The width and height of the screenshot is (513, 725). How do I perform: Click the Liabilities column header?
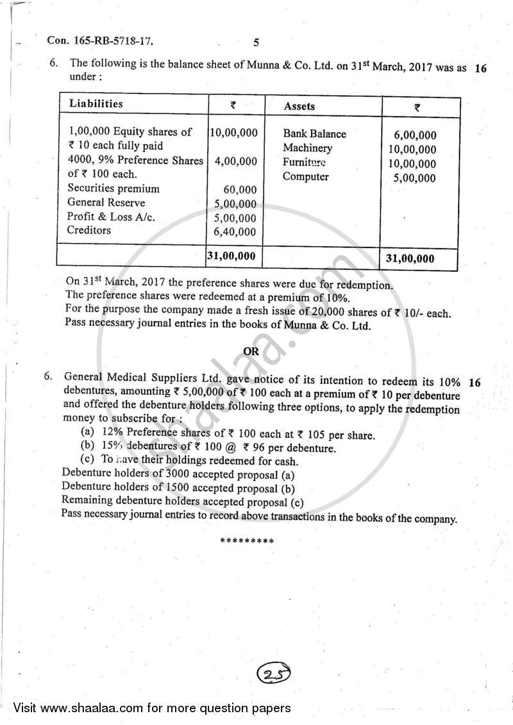click(96, 104)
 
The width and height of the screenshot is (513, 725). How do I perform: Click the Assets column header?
click(299, 106)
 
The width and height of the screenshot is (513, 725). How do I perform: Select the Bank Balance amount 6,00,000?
click(415, 135)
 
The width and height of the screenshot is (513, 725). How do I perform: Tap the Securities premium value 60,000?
click(240, 190)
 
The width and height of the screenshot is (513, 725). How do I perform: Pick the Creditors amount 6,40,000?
click(235, 232)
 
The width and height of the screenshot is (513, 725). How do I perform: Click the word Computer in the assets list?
click(305, 177)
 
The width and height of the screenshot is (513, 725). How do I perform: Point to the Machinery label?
click(307, 148)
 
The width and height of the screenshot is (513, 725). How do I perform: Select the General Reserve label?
click(106, 203)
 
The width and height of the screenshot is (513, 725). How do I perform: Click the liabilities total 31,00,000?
click(231, 256)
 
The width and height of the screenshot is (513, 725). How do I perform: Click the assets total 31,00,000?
click(410, 258)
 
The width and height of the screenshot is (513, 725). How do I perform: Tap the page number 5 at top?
click(256, 43)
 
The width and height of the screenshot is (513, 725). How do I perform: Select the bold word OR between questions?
click(251, 351)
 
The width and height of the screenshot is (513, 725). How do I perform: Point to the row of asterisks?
click(247, 541)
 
